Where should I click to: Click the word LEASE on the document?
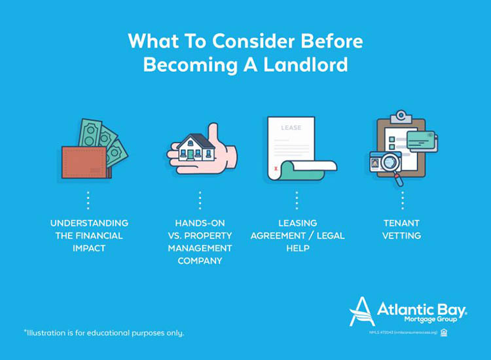point(291,128)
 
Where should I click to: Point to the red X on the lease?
point(275,168)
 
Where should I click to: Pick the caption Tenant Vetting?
point(401,229)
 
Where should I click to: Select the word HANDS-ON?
point(199,223)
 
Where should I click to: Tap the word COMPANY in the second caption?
point(200,261)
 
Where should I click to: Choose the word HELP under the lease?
point(297,248)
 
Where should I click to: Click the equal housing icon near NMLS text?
point(444,333)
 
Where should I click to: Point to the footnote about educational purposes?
point(104,333)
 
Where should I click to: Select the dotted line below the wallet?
point(88,200)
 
